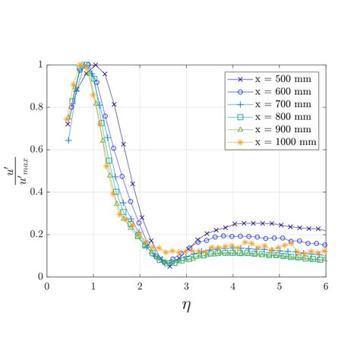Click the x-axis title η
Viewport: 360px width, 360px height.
186,306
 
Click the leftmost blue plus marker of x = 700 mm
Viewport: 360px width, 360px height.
68,141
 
